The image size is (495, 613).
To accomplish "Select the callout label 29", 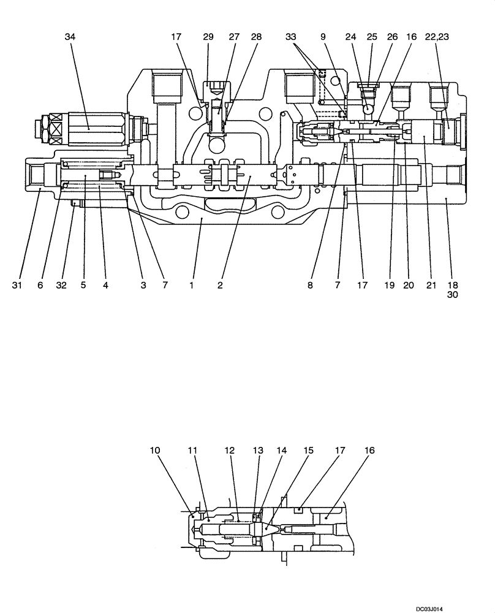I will click(208, 37).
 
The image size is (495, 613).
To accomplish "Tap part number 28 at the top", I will click(256, 37).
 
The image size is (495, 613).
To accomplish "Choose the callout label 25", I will click(372, 37).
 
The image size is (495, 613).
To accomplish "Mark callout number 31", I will click(17, 285).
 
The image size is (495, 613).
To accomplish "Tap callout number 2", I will click(221, 285).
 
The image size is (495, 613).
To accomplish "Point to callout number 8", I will click(311, 285).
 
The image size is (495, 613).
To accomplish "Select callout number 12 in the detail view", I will click(230, 451).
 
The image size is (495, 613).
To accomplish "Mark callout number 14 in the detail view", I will click(282, 451).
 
